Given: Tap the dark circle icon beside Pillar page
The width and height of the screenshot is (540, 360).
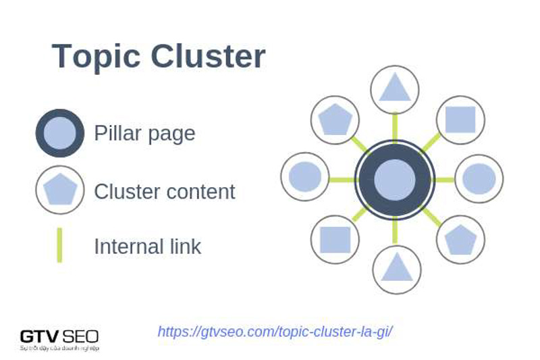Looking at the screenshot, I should tap(60, 133).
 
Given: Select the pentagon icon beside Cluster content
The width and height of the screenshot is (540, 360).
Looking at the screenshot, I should tap(60, 190).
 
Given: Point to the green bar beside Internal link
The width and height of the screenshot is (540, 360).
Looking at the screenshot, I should tap(59, 245).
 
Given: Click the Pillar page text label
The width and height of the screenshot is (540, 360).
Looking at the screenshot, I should tap(144, 133).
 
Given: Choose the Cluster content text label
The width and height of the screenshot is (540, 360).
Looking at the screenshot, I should tap(164, 192).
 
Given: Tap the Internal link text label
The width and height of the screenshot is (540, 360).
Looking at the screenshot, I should tap(147, 247).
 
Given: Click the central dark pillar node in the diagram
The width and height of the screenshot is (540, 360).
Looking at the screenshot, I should tap(395, 180).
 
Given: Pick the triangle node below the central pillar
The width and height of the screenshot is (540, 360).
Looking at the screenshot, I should tap(396, 269).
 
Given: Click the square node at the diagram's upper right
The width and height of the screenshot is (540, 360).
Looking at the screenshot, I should tap(460, 120).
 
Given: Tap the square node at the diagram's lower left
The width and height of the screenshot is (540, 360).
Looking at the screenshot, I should tap(335, 239).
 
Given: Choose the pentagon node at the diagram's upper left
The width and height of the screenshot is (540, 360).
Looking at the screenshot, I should tap(335, 120).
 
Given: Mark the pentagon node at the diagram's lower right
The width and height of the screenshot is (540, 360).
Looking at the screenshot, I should tap(460, 239).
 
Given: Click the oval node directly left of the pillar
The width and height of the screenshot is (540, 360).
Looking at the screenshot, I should tap(305, 177).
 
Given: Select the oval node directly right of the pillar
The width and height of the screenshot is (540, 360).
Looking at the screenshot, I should tap(479, 179).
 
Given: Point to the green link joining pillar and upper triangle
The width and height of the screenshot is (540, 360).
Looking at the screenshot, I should tap(395, 126).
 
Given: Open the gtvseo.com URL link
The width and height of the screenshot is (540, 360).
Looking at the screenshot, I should tap(275, 332).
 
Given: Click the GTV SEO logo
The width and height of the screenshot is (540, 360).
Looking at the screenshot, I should tap(59, 338).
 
